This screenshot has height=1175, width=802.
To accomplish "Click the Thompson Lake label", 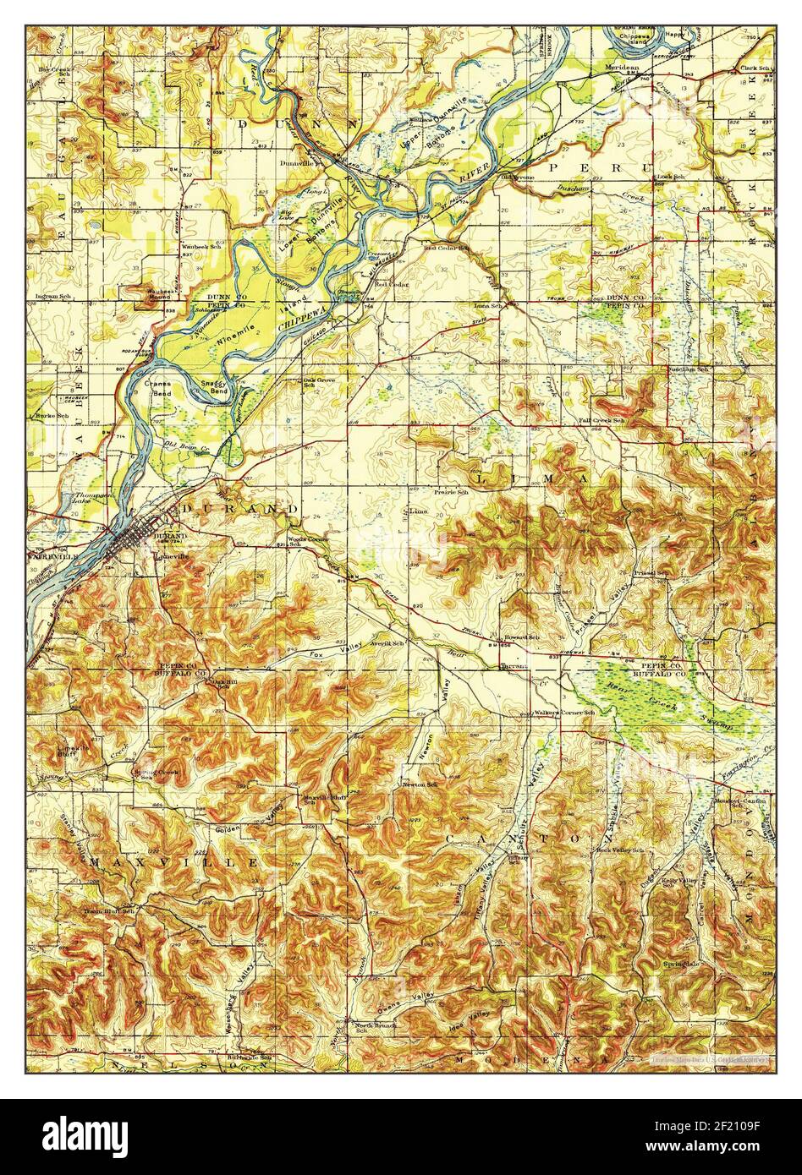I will click(x=81, y=497).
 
